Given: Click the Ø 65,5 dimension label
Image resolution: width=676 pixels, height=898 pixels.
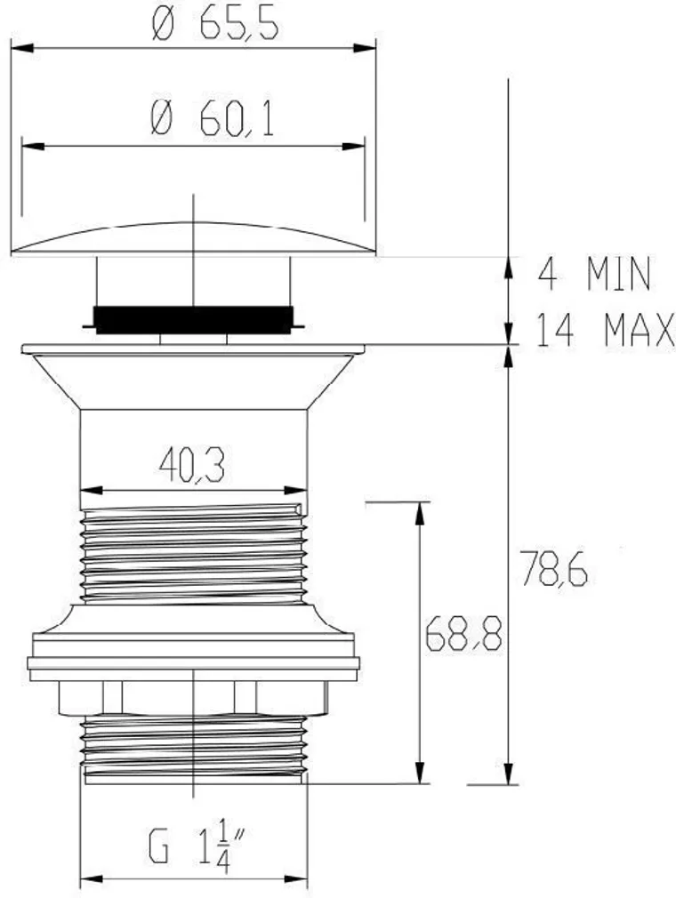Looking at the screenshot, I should (x=215, y=26).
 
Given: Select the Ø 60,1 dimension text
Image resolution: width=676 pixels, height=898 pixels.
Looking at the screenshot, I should (x=213, y=120).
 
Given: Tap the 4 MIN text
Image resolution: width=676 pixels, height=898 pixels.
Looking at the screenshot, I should (x=595, y=275).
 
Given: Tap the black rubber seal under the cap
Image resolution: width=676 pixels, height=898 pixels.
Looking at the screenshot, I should (x=193, y=318).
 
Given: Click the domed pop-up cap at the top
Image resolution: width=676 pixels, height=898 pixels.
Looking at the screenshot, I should (x=193, y=238).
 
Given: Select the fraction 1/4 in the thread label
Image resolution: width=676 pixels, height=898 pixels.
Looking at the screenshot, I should (x=221, y=848).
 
